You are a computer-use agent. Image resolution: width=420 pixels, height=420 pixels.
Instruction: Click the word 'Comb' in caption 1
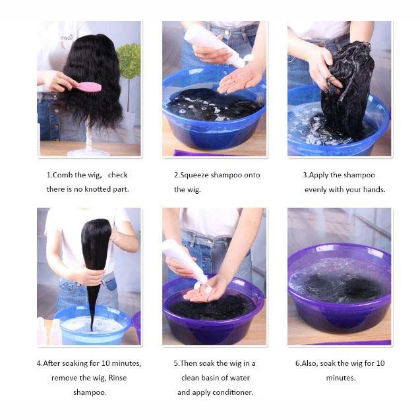pyautogui.click(x=64, y=175)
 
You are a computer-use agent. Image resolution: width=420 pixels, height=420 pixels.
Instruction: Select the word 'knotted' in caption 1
pyautogui.click(x=99, y=189)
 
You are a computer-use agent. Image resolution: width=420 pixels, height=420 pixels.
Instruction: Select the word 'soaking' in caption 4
pyautogui.click(x=84, y=363)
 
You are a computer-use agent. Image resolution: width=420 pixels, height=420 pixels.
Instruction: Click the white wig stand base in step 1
pyautogui.click(x=88, y=152)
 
